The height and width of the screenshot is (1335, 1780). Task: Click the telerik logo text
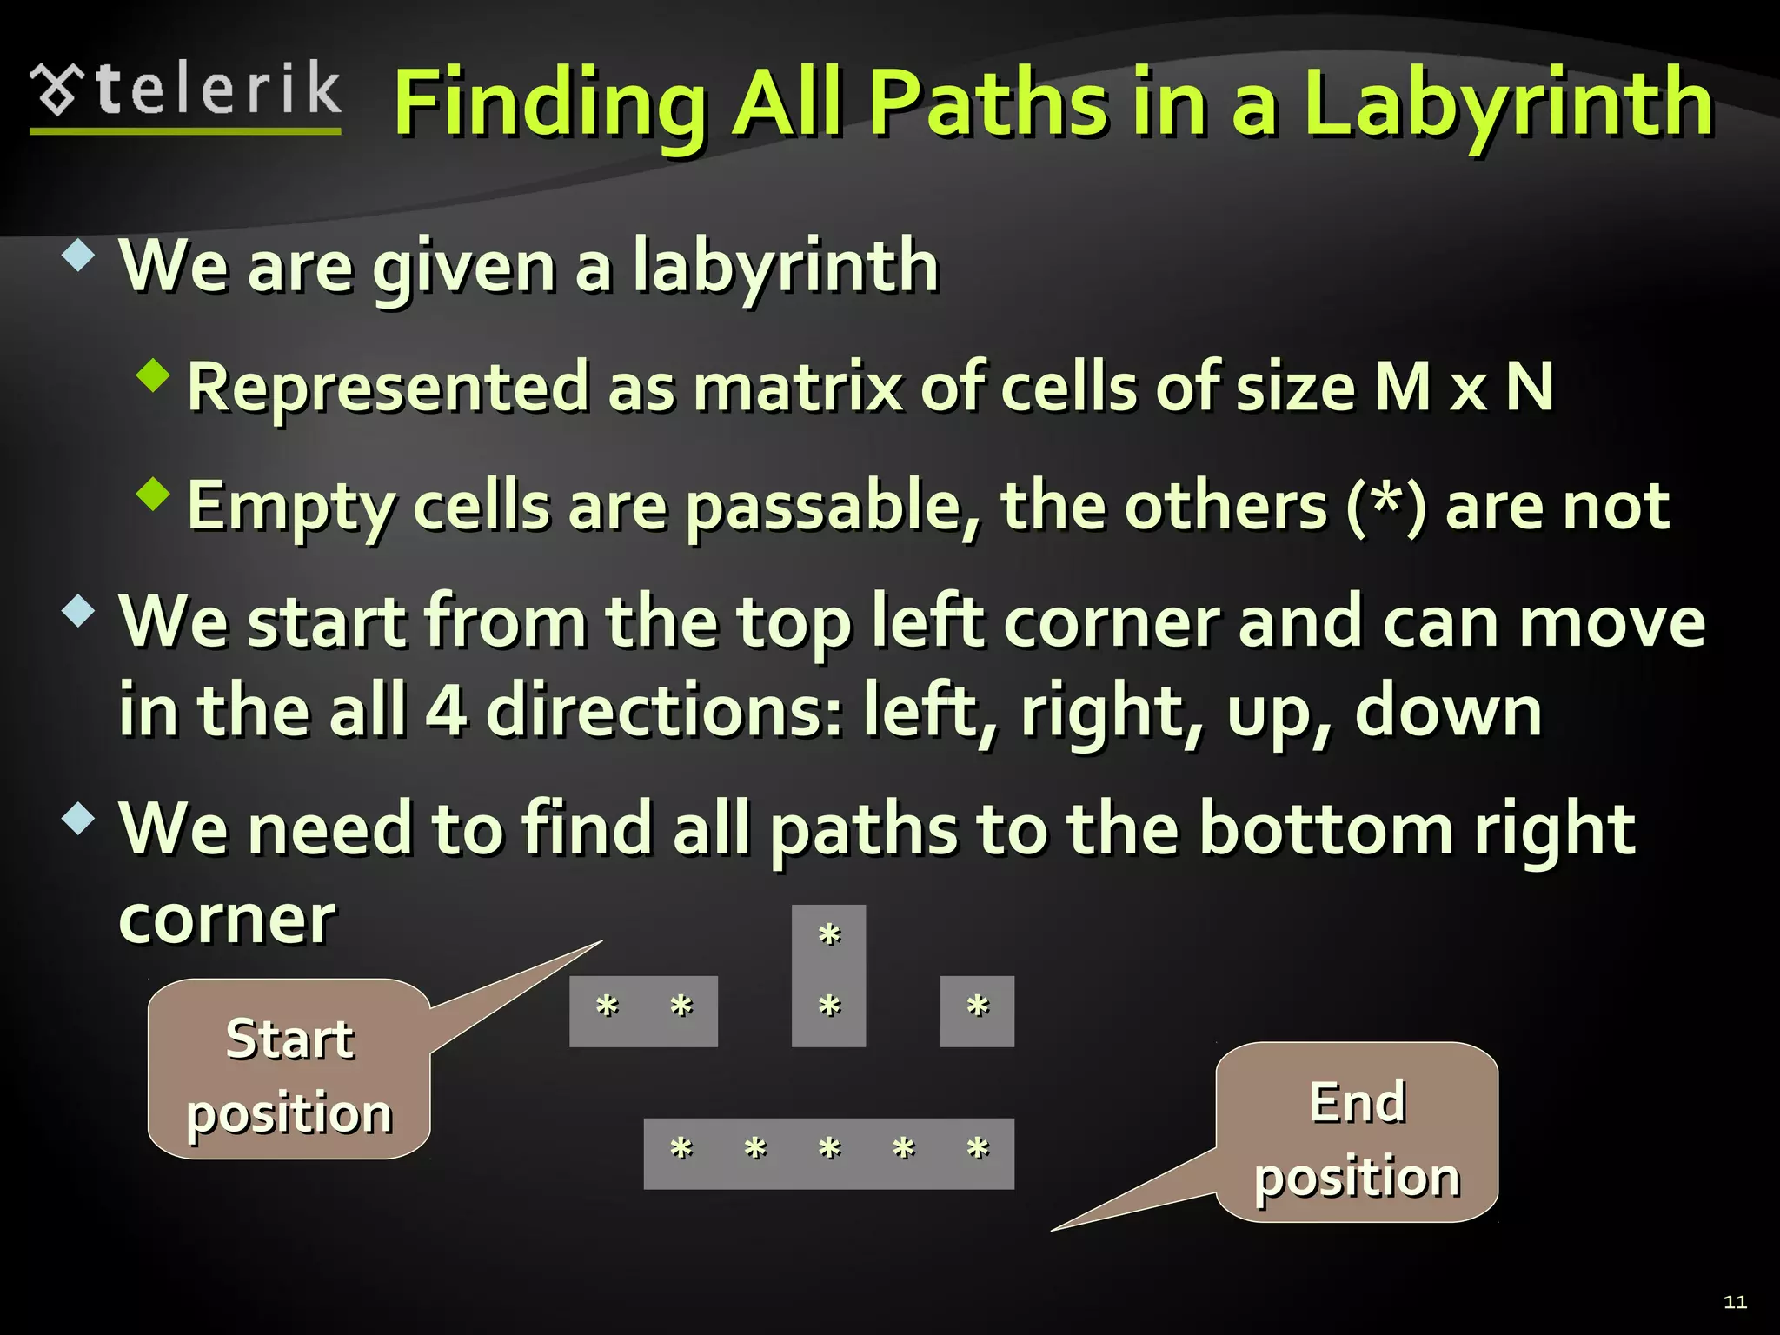click(x=217, y=90)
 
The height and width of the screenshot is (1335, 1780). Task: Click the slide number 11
click(x=1735, y=1301)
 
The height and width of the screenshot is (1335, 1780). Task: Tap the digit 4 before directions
click(x=446, y=711)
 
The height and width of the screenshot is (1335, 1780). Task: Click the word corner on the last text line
click(x=227, y=920)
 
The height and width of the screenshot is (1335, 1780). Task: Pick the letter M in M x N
click(x=1403, y=387)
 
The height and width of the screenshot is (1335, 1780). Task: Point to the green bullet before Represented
click(x=153, y=375)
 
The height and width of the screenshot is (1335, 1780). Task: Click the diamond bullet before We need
click(x=78, y=818)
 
